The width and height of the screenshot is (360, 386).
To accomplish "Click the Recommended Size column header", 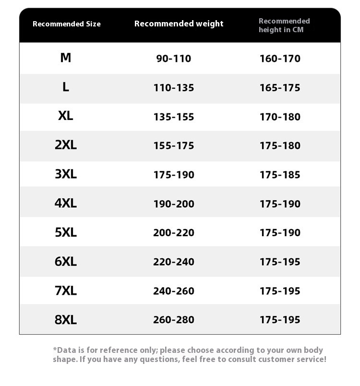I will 67,24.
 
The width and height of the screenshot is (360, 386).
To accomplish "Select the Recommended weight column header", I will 179,24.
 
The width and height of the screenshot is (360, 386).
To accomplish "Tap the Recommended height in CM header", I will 284,25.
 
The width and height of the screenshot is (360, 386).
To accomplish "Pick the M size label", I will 66,58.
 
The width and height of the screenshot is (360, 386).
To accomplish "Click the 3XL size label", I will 66,174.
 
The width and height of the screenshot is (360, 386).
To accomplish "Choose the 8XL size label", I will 66,320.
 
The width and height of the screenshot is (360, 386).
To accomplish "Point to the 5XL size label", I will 66,232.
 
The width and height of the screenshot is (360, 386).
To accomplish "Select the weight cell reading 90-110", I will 174,59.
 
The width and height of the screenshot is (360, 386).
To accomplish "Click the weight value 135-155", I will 174,117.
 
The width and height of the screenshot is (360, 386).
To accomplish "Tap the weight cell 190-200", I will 174,204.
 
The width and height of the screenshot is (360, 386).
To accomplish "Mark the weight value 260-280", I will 174,320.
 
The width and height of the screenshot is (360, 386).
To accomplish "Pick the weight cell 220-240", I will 174,262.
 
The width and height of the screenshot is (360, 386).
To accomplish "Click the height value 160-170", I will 280,59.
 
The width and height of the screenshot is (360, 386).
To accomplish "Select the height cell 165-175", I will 280,88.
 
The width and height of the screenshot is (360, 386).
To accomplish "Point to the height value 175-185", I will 280,175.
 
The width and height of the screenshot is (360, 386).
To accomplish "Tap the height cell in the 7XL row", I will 280,291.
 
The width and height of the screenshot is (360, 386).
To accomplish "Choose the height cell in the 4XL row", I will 280,204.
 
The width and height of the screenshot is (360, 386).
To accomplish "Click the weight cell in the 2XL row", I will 174,145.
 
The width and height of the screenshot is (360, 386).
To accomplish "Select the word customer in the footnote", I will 276,359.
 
